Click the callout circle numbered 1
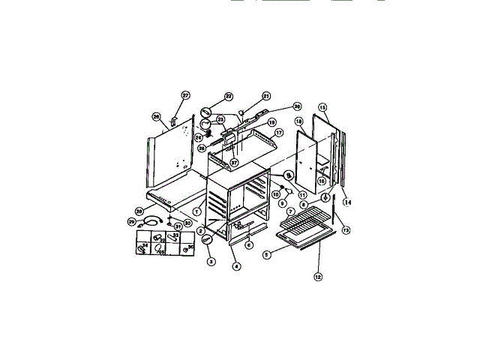[x=196, y=211]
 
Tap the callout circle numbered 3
[x=211, y=261]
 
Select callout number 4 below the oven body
[x=236, y=266]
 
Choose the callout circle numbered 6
[x=249, y=244]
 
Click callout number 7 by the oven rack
[x=290, y=212]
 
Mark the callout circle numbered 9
[x=282, y=202]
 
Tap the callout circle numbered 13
[x=346, y=230]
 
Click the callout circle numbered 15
[x=323, y=107]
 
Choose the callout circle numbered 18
[x=298, y=121]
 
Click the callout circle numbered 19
[x=272, y=121]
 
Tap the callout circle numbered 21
[x=265, y=96]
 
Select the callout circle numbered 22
[x=229, y=96]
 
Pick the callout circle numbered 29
[x=131, y=222]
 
